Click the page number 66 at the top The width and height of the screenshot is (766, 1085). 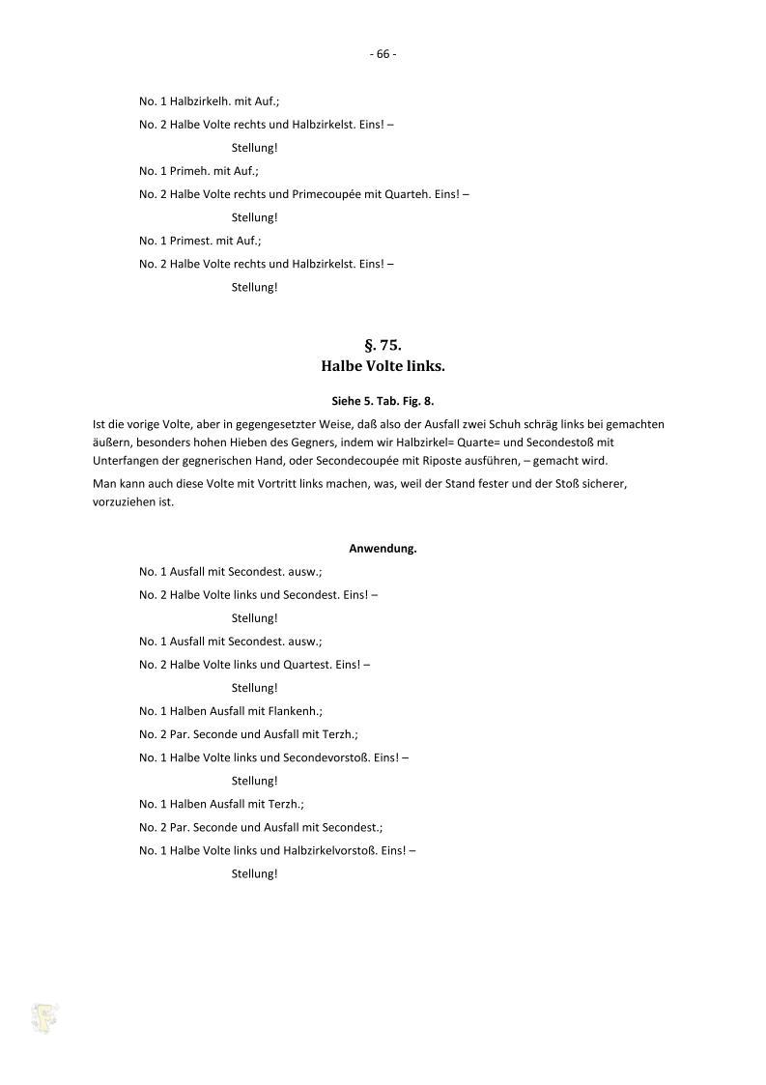tap(383, 54)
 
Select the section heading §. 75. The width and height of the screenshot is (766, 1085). tap(383, 345)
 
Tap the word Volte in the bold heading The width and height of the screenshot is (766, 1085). tap(383, 367)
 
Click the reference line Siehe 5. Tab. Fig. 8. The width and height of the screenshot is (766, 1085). tap(383, 400)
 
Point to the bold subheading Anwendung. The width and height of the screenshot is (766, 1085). tap(383, 549)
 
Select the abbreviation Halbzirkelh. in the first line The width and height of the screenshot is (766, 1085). tap(200, 101)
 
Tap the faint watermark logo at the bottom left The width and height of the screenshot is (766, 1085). tap(44, 1017)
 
